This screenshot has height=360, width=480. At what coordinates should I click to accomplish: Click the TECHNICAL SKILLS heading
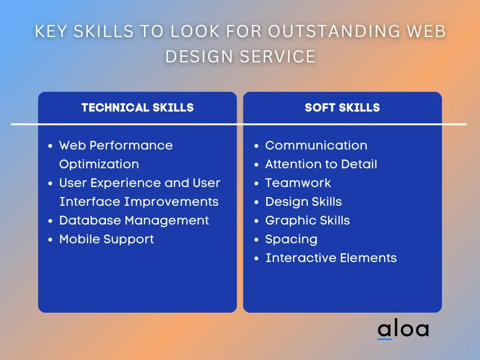point(137,107)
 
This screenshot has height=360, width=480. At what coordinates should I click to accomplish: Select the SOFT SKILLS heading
point(342,107)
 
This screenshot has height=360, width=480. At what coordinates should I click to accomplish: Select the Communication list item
point(316,145)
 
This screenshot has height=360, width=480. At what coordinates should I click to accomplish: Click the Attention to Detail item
point(321,164)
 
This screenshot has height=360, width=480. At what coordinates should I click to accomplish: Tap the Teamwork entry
point(298,183)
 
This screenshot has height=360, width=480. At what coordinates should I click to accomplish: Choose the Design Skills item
point(303,202)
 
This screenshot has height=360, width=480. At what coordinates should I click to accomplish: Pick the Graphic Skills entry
point(307,220)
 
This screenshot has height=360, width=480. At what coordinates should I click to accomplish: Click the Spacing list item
point(292,240)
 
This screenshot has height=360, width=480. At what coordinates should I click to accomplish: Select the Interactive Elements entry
point(331,258)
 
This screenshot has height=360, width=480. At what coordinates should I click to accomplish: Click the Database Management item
point(134,220)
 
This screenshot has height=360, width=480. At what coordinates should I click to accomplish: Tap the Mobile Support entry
point(106,240)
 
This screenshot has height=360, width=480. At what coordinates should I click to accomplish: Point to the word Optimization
point(99,165)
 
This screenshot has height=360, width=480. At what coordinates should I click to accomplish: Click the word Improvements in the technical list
point(171,202)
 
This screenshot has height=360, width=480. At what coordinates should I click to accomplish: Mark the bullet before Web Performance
point(51,146)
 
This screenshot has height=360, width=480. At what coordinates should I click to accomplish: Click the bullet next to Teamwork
point(256,184)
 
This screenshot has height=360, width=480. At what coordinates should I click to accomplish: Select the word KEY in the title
point(51,31)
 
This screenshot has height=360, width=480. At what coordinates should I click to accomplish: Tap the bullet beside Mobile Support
point(51,240)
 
